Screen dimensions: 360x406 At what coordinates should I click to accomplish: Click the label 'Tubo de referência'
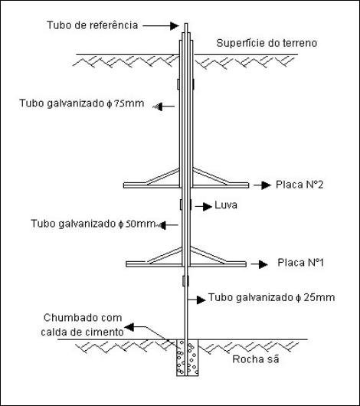click(92, 25)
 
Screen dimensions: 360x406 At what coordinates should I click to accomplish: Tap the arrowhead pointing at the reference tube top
click(175, 25)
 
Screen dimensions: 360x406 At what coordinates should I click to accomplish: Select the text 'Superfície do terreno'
click(267, 43)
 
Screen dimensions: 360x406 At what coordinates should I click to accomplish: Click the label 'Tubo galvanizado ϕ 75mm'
click(82, 103)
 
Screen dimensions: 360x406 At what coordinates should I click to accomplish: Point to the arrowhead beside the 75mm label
click(158, 106)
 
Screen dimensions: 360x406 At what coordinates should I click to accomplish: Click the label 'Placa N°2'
click(299, 185)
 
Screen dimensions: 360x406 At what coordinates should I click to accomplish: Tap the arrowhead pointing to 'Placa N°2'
click(267, 185)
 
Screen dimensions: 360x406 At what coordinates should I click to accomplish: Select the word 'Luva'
click(226, 205)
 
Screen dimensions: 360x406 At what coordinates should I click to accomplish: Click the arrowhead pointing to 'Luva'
click(208, 206)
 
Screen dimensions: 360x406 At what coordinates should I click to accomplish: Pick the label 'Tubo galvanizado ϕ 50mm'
click(93, 224)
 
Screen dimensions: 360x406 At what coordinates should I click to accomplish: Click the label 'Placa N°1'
click(301, 263)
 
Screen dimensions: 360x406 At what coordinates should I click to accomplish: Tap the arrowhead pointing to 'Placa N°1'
click(263, 264)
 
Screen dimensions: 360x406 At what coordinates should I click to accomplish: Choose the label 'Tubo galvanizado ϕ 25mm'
click(271, 297)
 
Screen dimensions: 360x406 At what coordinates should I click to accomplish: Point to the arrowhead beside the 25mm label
click(201, 300)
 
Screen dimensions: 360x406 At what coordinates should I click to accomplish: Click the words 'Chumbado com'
click(83, 318)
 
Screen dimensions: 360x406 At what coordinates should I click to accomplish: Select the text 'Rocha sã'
click(256, 359)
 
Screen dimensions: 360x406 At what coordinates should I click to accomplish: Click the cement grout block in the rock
click(188, 358)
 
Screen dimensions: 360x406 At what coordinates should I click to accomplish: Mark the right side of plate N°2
click(221, 185)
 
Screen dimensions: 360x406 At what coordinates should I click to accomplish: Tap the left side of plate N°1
click(154, 264)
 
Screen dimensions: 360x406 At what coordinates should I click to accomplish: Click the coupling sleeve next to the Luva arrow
click(185, 205)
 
